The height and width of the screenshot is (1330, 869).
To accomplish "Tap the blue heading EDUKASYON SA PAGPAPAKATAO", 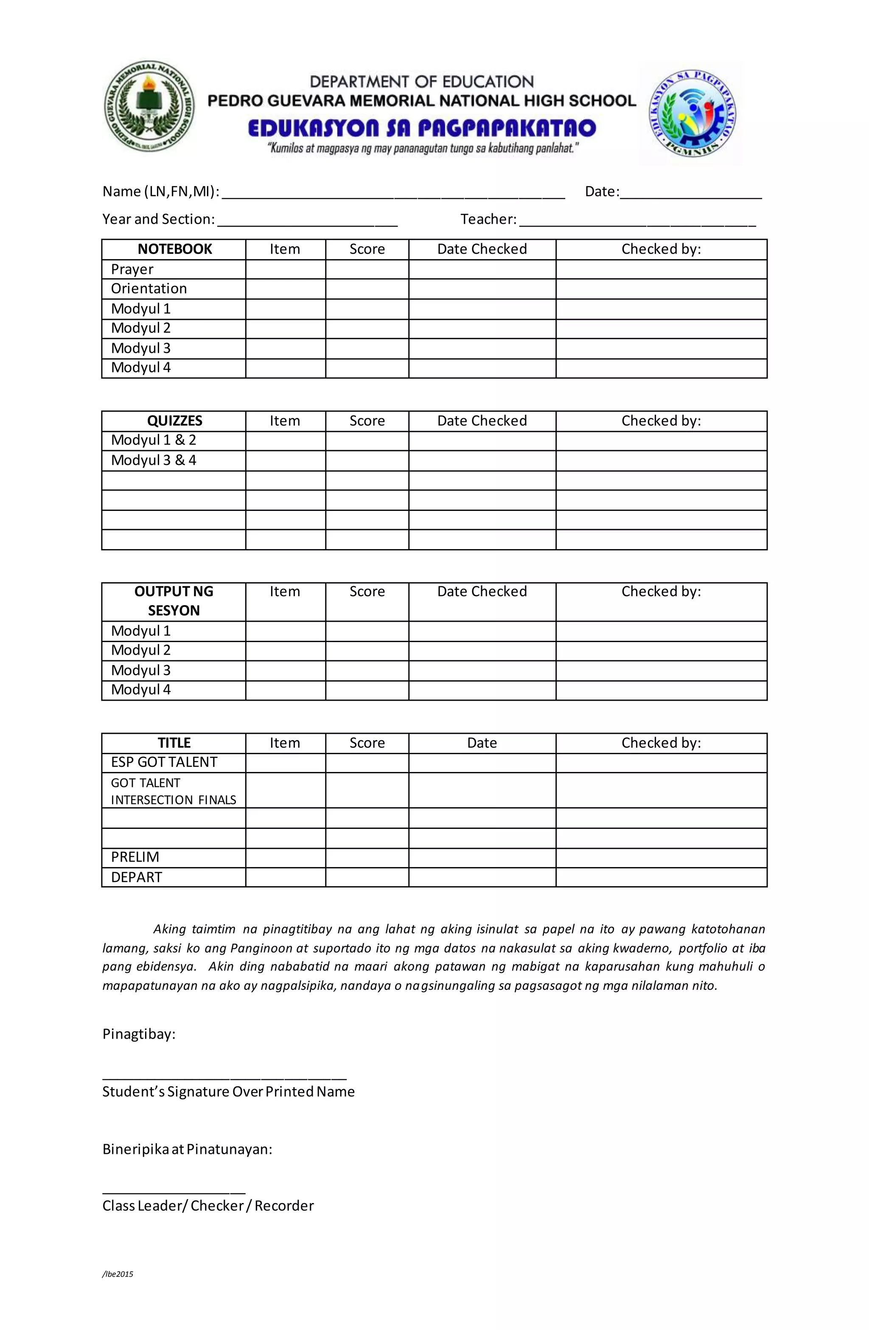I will [422, 129].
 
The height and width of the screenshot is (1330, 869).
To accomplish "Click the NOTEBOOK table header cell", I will [174, 249].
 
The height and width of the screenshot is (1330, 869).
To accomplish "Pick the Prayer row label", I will [132, 269].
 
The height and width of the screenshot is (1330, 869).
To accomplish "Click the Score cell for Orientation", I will [367, 289].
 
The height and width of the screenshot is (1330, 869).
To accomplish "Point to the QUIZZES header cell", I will [174, 421].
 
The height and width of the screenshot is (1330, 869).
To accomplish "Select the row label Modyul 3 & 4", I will [154, 460].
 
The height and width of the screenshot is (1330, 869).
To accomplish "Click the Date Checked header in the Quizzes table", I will [482, 421].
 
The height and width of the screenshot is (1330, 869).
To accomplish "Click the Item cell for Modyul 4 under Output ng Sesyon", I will [286, 690].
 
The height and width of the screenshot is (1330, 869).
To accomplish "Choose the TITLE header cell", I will [174, 743].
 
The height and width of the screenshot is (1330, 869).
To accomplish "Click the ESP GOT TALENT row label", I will [164, 762].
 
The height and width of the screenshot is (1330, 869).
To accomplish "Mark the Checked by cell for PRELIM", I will [661, 857].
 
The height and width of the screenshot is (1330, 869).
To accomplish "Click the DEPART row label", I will [137, 877].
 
